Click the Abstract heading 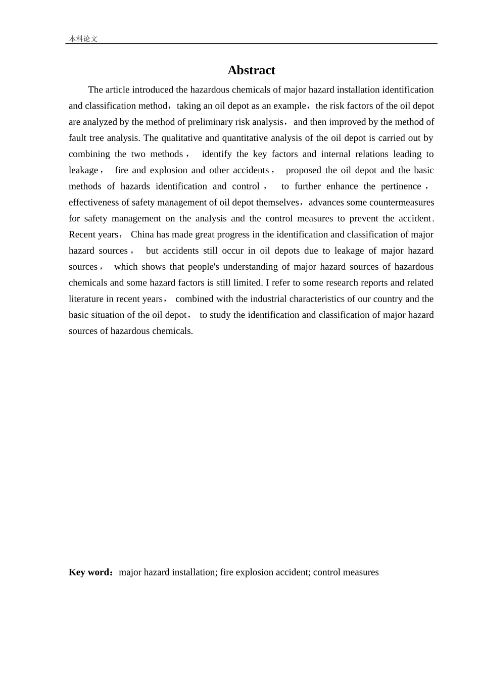tap(251, 70)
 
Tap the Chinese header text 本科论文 tap(83, 39)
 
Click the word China tap(142, 235)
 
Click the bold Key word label tap(89, 573)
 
